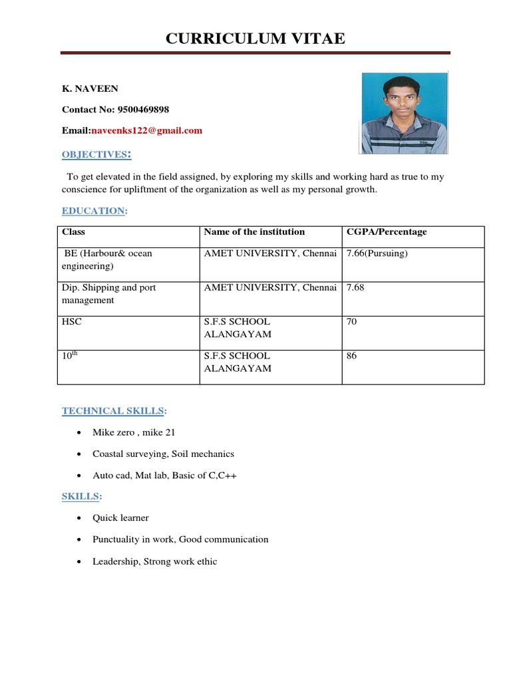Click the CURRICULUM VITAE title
[255, 39]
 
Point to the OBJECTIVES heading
[96, 154]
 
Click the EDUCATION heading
[94, 211]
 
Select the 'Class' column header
[74, 232]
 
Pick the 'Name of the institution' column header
[254, 232]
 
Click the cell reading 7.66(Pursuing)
[377, 254]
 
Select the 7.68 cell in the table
[356, 288]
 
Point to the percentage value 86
[352, 356]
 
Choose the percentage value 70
[352, 322]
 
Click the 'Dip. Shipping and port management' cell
[109, 294]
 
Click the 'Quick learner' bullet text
[121, 518]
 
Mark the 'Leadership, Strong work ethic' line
[155, 562]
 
